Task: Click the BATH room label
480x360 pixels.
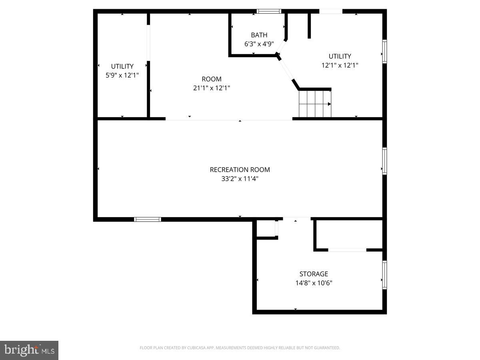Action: (x=259, y=35)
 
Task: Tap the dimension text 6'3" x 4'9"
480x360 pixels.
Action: (x=259, y=44)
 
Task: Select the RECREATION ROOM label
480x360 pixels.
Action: (x=240, y=170)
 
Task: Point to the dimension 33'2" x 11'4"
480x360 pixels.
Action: (x=240, y=179)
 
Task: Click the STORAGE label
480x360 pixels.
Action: (x=314, y=274)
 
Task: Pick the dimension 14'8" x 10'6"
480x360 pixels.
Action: (x=314, y=283)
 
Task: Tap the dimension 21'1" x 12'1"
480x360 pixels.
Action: (x=212, y=88)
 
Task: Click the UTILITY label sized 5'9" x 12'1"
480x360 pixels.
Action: (x=122, y=66)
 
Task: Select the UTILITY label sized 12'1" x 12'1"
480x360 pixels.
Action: (x=340, y=56)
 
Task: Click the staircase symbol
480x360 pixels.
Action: (x=315, y=104)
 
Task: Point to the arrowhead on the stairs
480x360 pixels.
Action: (x=329, y=104)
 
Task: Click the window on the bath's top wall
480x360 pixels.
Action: (x=269, y=11)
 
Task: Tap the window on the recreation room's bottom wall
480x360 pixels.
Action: (x=147, y=219)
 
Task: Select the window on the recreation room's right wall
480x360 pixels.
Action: (x=384, y=161)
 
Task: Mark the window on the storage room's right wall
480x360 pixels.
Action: (x=384, y=275)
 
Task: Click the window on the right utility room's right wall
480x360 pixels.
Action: (x=384, y=52)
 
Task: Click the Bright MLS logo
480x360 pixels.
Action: (x=29, y=350)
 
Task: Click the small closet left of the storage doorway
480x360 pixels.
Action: (x=266, y=228)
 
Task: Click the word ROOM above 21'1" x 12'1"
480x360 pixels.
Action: (x=212, y=79)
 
